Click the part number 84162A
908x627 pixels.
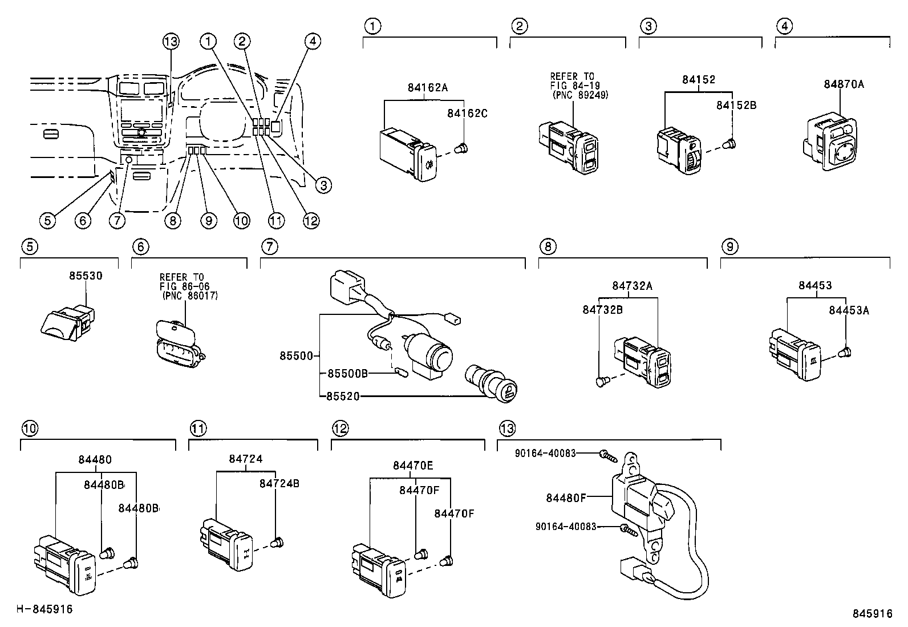427,87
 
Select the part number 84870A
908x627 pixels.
844,84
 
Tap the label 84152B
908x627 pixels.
736,105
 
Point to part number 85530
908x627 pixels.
86,276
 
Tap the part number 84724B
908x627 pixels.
279,483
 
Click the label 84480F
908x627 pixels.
566,497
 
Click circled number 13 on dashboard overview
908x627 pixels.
171,41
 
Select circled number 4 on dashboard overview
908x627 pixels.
312,41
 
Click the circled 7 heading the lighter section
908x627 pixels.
269,246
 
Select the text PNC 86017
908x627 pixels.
190,296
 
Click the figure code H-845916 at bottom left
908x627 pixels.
44,609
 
